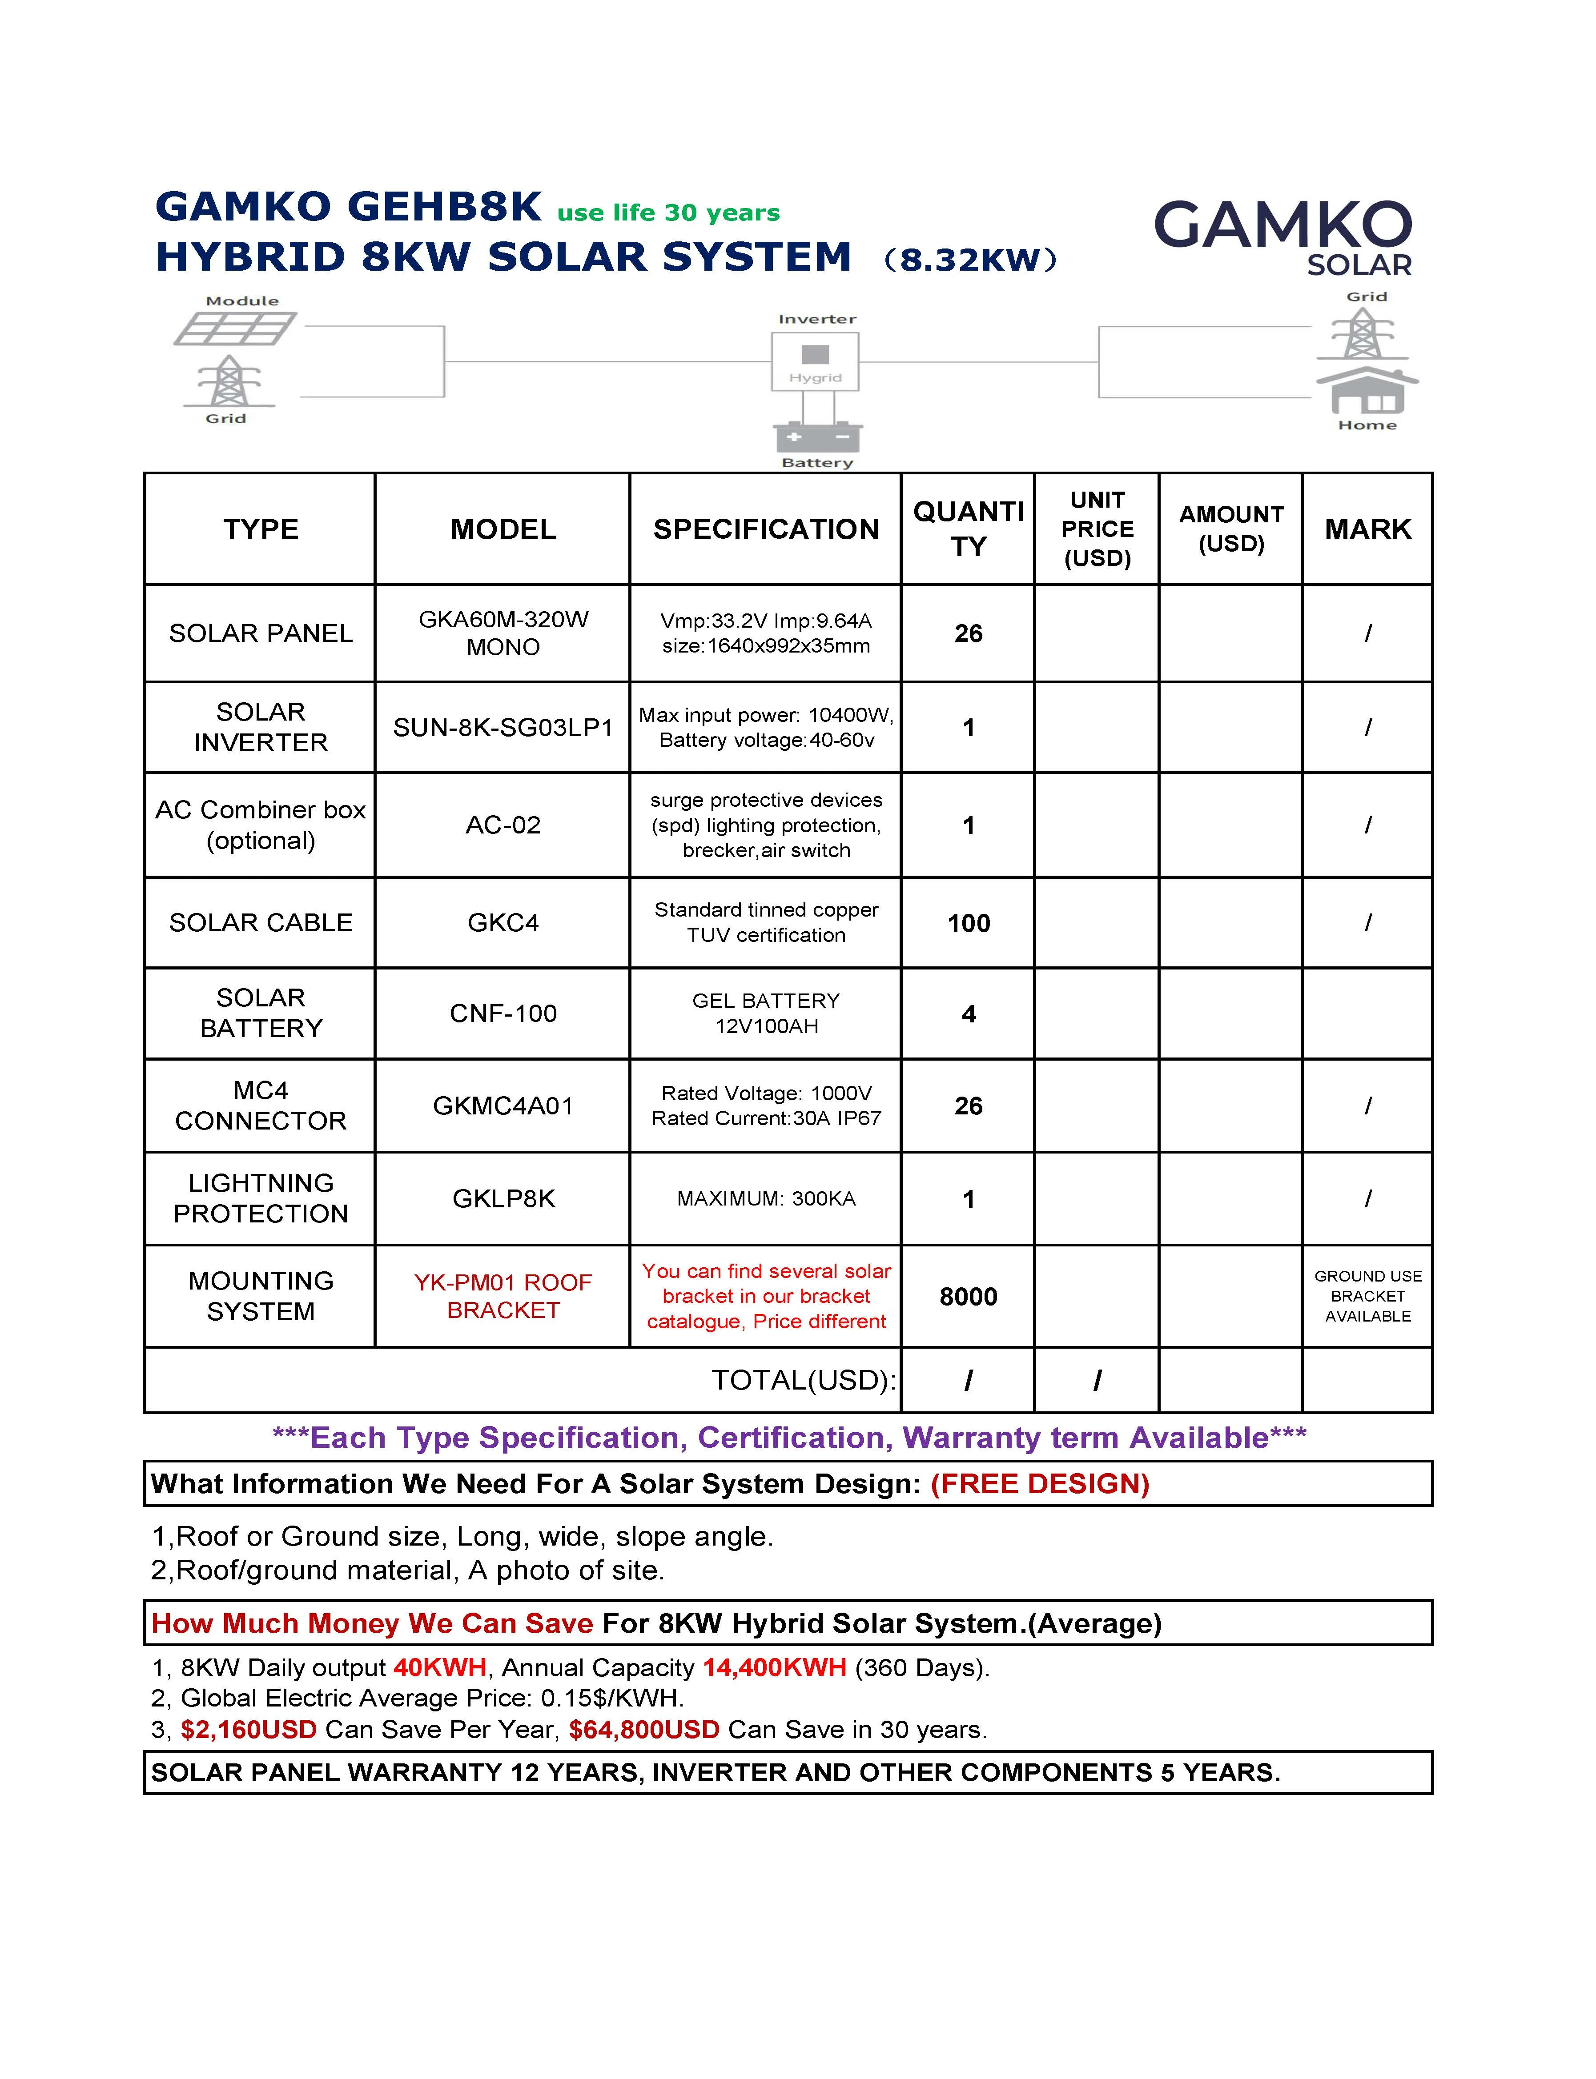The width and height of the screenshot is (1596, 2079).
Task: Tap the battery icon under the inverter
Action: (x=817, y=437)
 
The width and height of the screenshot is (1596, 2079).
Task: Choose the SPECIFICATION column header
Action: (x=766, y=529)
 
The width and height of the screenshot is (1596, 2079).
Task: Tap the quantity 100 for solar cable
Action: (x=968, y=923)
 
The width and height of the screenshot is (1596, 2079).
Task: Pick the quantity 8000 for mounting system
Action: (x=968, y=1296)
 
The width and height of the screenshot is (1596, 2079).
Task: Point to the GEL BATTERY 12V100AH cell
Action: (x=766, y=1013)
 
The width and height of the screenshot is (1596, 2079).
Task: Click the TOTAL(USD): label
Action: (x=804, y=1380)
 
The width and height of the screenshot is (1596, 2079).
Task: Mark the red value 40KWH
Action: (x=440, y=1668)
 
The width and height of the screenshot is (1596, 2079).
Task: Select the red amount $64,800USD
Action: (x=644, y=1730)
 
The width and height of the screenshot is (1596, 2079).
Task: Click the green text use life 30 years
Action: (x=668, y=213)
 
